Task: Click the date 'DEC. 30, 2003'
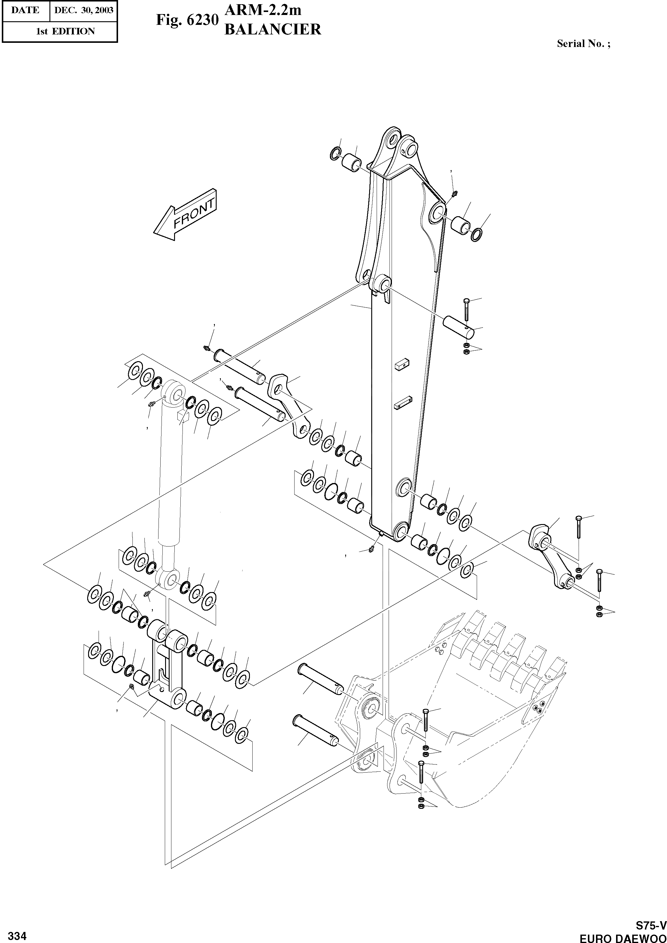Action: tap(83, 10)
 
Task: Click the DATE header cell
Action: tap(25, 10)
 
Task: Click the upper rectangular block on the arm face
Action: tap(402, 365)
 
